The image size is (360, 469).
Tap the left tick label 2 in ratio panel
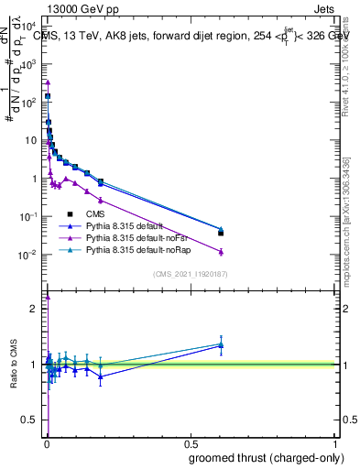click(x=34, y=309)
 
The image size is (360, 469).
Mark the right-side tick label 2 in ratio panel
click(x=343, y=309)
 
